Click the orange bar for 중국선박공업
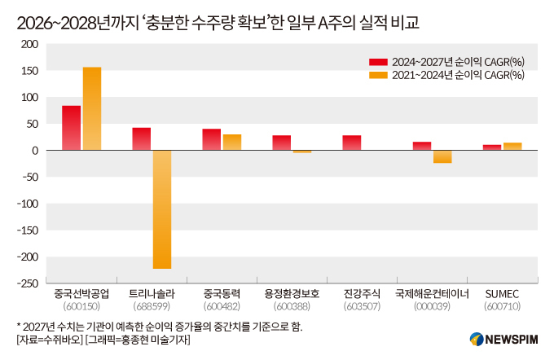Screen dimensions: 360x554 [x=92, y=109]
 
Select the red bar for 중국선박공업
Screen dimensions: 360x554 [x=72, y=129]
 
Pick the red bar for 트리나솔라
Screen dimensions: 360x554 [x=142, y=139]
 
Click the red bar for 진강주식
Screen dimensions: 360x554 [x=352, y=143]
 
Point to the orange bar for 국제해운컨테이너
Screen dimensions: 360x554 [x=442, y=157]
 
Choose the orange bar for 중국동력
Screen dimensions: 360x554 [x=232, y=143]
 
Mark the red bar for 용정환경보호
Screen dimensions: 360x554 [x=282, y=143]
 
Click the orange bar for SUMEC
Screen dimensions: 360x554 [x=512, y=147]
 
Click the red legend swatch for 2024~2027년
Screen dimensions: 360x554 [x=377, y=62]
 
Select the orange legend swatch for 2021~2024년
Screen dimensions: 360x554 [x=377, y=75]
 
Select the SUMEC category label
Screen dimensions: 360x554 [x=502, y=293]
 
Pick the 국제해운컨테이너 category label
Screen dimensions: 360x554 [x=432, y=293]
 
